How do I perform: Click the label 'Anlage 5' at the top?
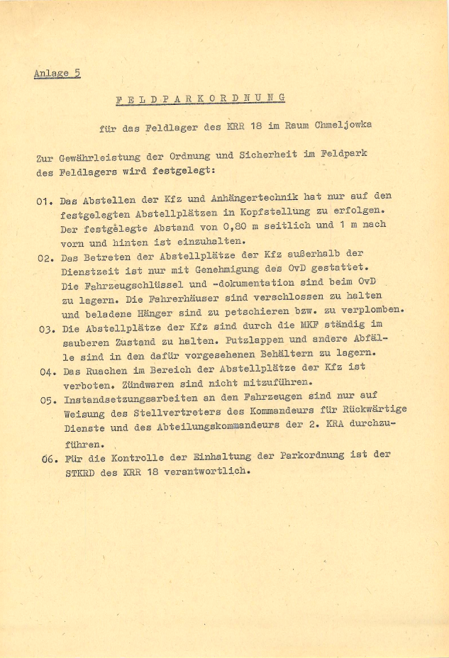tap(56, 74)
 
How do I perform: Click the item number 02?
tap(47, 259)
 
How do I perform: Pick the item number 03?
tap(47, 330)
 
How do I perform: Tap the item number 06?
tap(49, 459)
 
